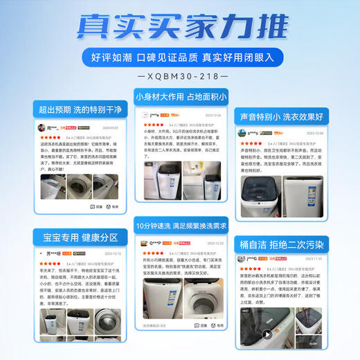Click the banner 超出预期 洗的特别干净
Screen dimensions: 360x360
coord(81,109)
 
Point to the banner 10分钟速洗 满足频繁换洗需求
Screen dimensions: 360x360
coord(180,225)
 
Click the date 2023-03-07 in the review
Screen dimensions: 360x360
coord(111,128)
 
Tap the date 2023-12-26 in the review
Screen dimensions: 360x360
coord(213,115)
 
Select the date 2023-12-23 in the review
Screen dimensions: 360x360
coord(213,244)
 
